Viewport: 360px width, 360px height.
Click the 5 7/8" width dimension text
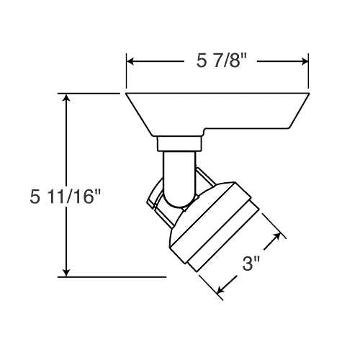(x=220, y=63)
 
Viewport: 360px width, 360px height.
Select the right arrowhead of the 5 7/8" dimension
(x=307, y=62)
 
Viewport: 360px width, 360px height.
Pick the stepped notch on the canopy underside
(x=207, y=132)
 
